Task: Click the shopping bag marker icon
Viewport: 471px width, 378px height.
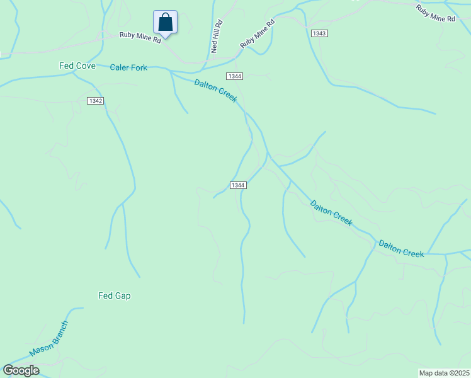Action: point(165,22)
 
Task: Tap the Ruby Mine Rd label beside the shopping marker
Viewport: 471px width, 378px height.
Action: point(141,37)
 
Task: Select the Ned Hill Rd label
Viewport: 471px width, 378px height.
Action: point(216,37)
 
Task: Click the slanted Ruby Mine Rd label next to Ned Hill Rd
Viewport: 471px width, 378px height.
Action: point(257,34)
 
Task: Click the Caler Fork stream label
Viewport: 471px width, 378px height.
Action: point(128,67)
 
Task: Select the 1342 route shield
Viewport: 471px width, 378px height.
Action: point(95,101)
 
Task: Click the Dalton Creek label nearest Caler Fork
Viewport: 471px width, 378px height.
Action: point(215,91)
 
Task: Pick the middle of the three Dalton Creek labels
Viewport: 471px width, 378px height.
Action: point(331,212)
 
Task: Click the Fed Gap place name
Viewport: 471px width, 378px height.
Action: point(114,295)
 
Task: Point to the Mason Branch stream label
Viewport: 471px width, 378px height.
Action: point(48,339)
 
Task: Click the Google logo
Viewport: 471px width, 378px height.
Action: point(21,370)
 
